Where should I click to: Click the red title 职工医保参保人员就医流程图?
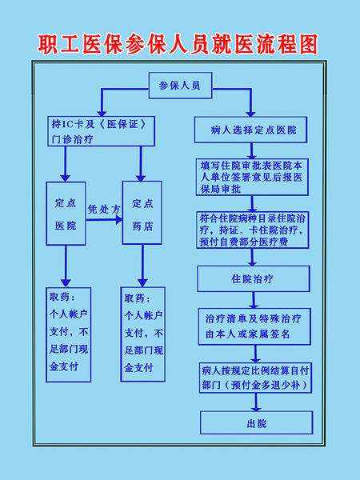[178, 45]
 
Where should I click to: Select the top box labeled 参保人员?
[180, 86]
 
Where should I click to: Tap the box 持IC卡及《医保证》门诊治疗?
[102, 131]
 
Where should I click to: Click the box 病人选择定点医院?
[250, 130]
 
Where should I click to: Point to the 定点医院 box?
[66, 214]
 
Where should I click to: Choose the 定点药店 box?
[142, 213]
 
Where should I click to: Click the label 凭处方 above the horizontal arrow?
[104, 209]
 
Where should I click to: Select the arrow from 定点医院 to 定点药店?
[104, 219]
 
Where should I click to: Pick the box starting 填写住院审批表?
[252, 177]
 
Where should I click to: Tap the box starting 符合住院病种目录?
[253, 230]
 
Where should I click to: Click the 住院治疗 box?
[254, 279]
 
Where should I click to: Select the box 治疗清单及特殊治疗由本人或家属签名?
[254, 326]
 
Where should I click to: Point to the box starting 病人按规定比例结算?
[256, 378]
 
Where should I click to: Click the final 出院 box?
[257, 422]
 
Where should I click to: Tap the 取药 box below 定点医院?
[69, 334]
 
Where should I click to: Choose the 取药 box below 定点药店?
[143, 334]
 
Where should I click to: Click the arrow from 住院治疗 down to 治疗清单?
[254, 300]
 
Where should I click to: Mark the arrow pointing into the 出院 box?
[256, 402]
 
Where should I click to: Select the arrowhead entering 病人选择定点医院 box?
[250, 113]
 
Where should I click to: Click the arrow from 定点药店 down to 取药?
[142, 266]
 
